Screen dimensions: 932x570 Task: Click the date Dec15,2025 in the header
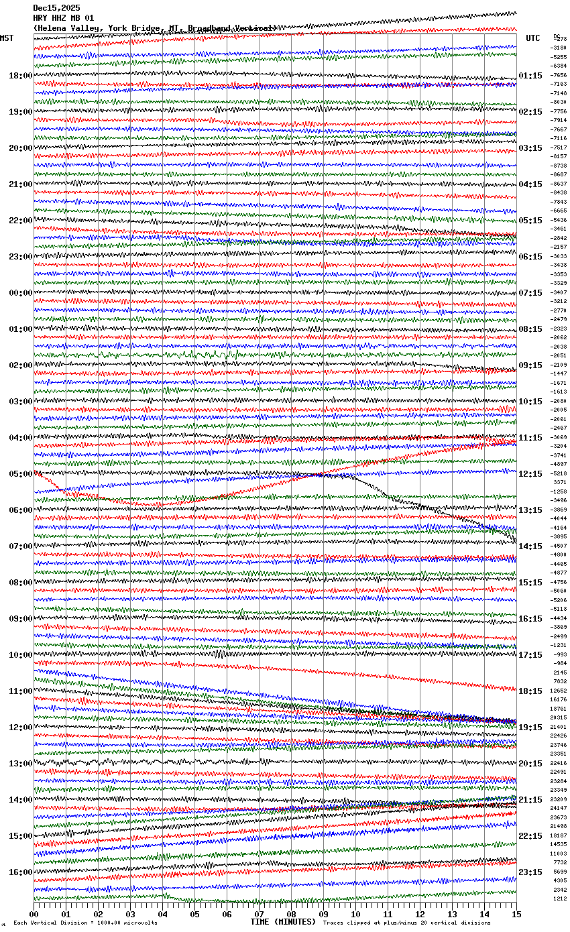click(x=56, y=8)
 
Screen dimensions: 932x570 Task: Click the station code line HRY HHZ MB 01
click(x=64, y=18)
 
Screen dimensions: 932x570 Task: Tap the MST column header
click(x=7, y=38)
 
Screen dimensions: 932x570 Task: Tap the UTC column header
click(x=533, y=38)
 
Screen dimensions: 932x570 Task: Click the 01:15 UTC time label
click(x=530, y=76)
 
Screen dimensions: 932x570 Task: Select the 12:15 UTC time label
click(x=530, y=474)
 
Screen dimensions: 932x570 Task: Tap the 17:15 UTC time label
click(x=530, y=655)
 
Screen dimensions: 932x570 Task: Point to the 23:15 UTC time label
click(x=530, y=872)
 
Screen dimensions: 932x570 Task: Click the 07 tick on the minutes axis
click(x=259, y=914)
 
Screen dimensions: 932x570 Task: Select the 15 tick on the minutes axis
click(x=516, y=914)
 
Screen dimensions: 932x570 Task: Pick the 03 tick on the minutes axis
click(x=130, y=914)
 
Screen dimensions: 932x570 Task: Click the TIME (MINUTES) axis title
click(x=283, y=922)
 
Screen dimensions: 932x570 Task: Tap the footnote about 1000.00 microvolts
click(x=85, y=923)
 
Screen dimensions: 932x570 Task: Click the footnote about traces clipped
click(x=406, y=923)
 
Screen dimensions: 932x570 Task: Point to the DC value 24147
click(x=559, y=809)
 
